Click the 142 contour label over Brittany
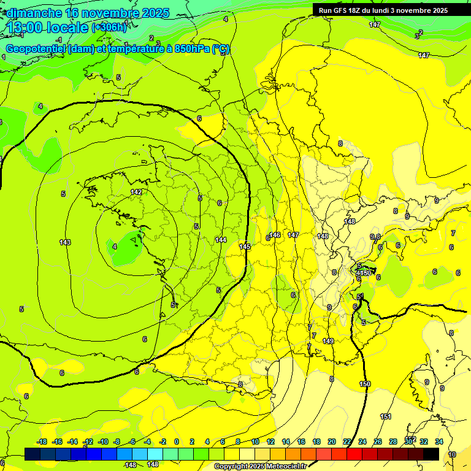[136, 193]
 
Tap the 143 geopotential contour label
[65, 242]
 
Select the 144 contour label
[221, 240]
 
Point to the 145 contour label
[245, 247]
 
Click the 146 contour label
[275, 235]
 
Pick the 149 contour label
[328, 341]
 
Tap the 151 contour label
[386, 416]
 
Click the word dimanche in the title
[34, 13]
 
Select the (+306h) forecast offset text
[109, 28]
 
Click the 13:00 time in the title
[26, 28]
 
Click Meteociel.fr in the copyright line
[285, 467]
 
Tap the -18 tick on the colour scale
[42, 442]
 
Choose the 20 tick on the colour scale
[332, 442]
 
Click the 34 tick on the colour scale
[439, 442]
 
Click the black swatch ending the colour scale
[431, 454]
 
